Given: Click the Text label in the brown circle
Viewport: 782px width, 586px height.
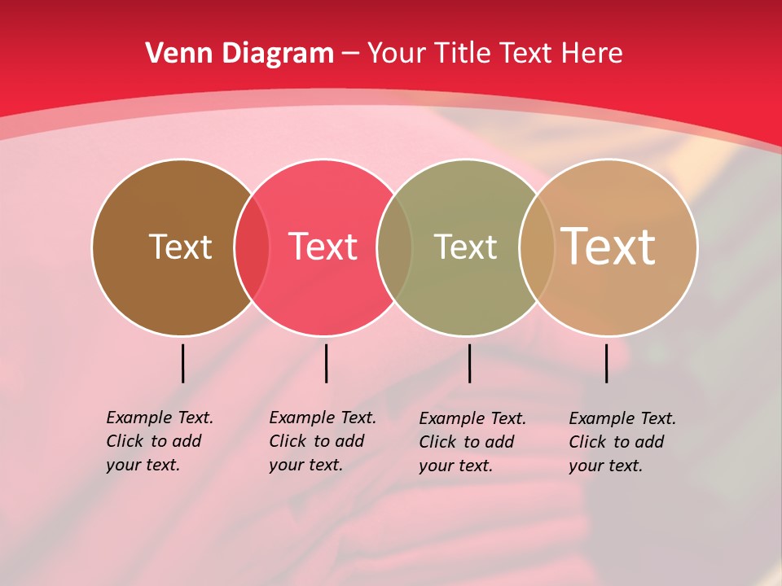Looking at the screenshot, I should [180, 247].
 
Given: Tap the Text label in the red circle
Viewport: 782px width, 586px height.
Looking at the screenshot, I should [323, 247].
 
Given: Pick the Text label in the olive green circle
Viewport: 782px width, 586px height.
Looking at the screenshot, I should [465, 247].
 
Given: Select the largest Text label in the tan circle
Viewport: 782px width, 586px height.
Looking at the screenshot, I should [608, 247].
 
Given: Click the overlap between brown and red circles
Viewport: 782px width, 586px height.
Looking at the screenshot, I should [252, 247].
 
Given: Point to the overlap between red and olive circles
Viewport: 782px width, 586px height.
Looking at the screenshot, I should [394, 247].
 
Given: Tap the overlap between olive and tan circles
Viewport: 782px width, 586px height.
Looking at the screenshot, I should [537, 247].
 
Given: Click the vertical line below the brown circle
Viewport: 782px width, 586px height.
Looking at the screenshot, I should [182, 363].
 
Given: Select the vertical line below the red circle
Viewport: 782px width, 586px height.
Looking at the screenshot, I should [326, 363].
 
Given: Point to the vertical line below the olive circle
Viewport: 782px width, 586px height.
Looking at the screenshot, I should [469, 363].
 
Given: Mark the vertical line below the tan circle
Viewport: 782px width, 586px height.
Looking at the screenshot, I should [606, 363].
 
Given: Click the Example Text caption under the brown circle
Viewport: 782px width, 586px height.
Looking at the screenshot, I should [160, 441].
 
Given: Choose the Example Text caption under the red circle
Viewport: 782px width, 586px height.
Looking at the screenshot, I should [323, 441].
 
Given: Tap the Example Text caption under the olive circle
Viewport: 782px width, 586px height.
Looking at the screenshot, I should [472, 442].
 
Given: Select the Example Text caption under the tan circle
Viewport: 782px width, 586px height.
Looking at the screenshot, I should [622, 442].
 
